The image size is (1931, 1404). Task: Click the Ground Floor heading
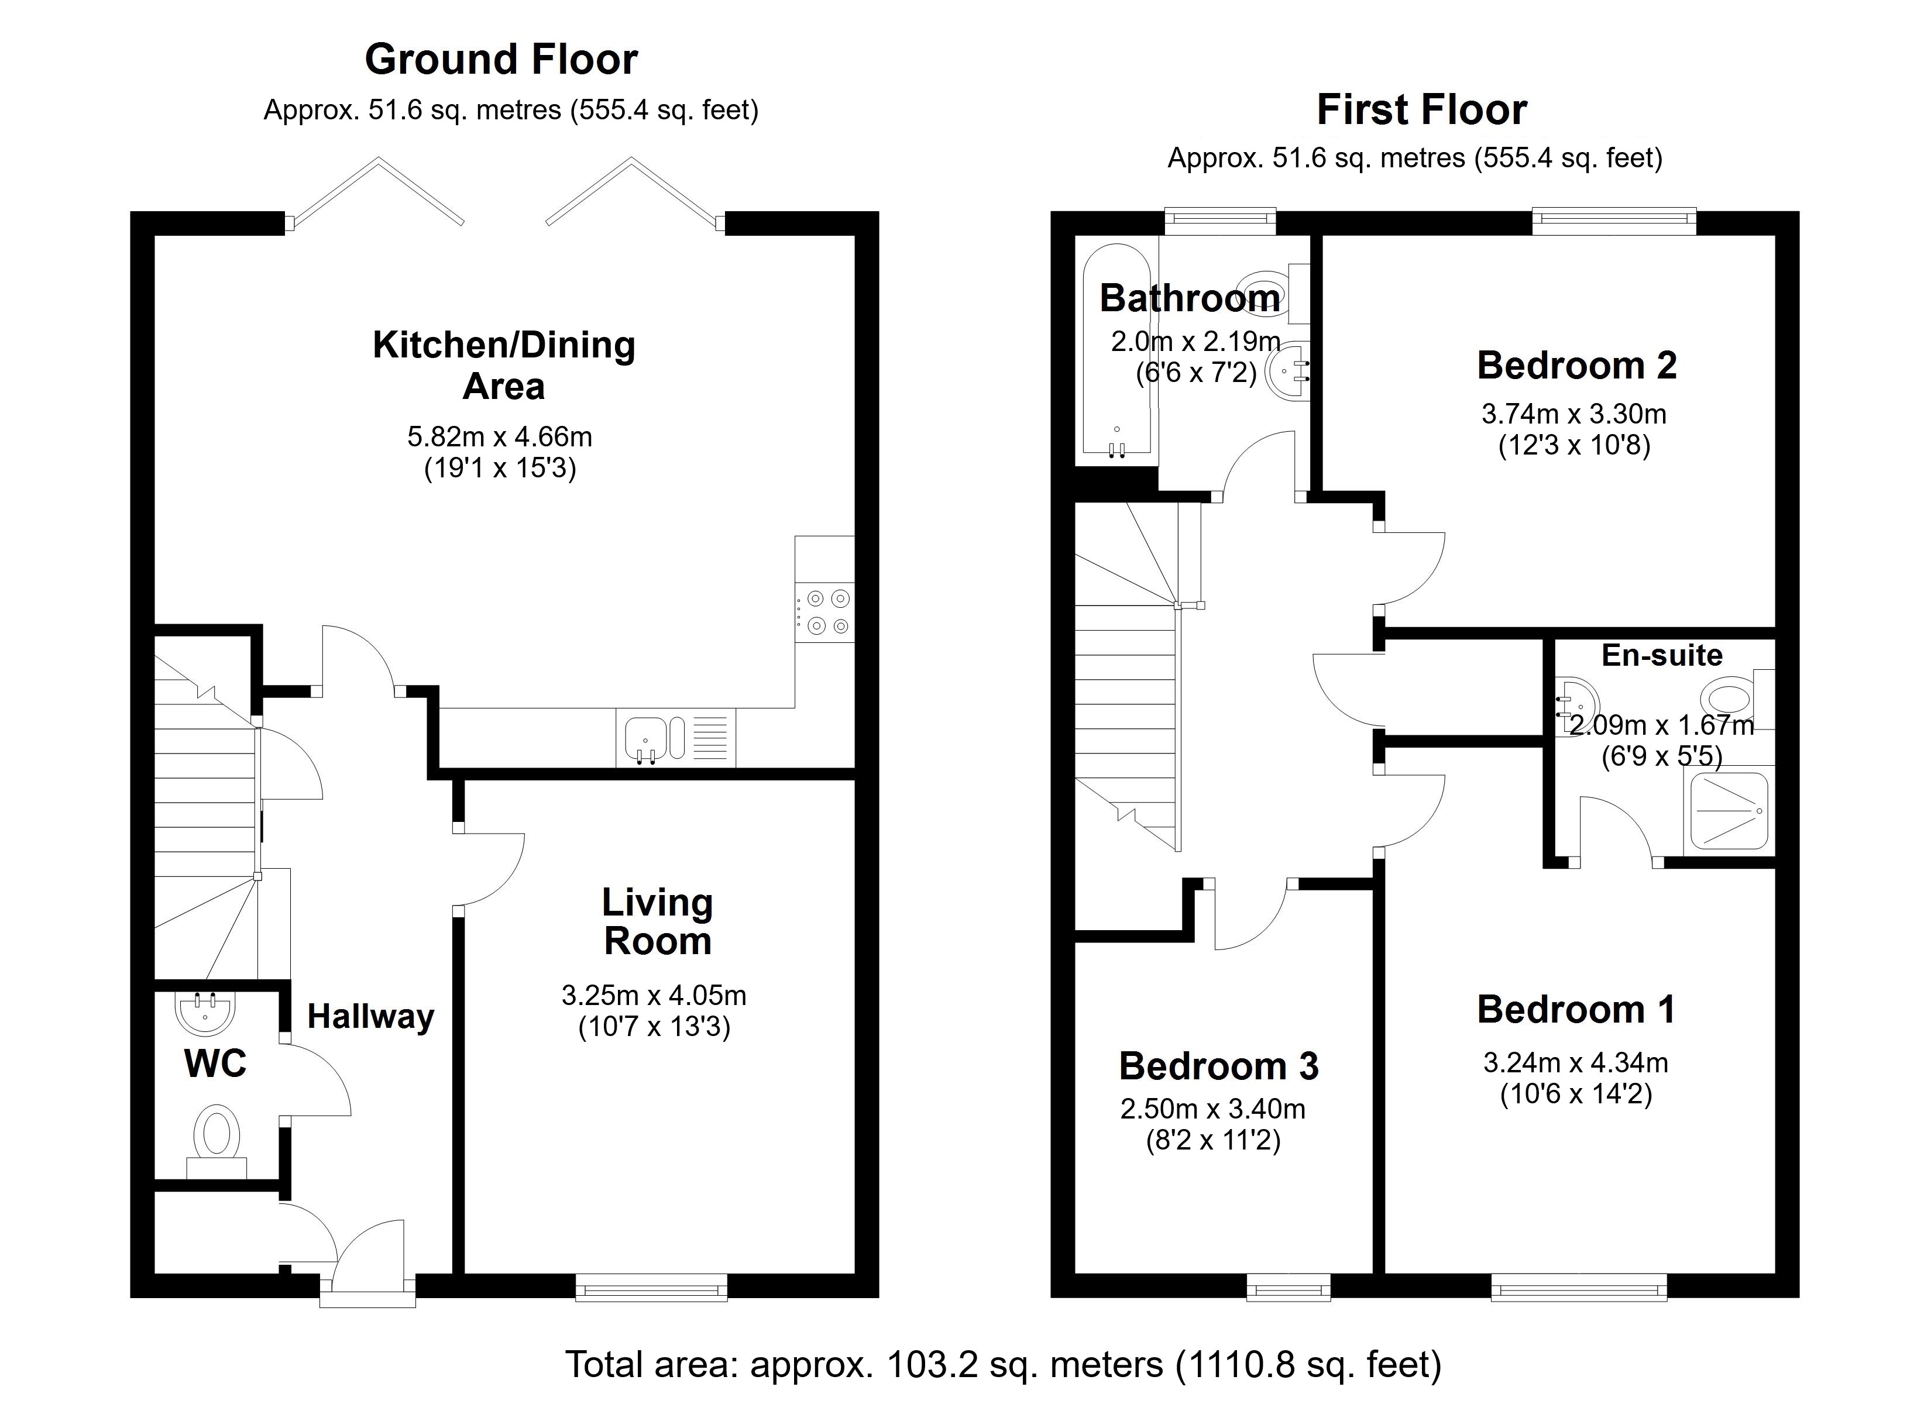[x=501, y=60]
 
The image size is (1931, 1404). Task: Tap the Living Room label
[x=657, y=922]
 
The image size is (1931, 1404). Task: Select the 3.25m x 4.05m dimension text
[x=653, y=995]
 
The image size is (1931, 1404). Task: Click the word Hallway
[x=370, y=1017]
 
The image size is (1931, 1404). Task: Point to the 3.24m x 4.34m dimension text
[x=1575, y=1062]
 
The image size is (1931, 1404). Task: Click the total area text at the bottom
[x=1003, y=1364]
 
